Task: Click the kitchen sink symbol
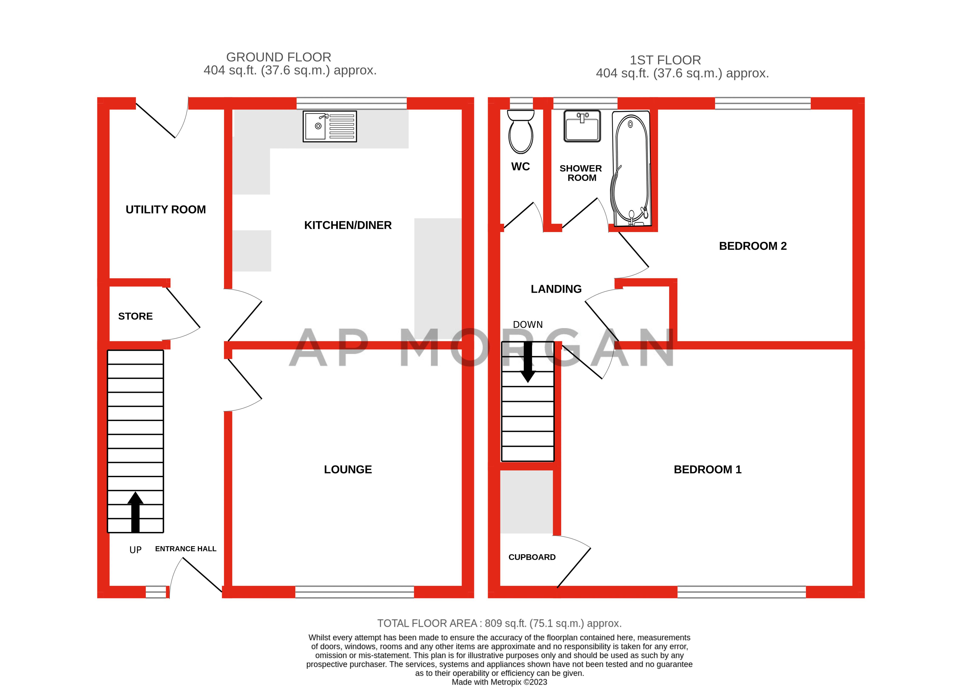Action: coord(330,126)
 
